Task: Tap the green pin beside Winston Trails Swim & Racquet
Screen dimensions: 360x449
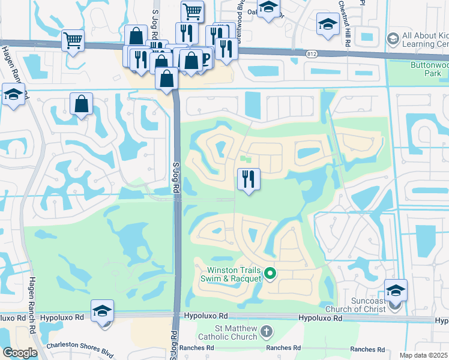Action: point(270,274)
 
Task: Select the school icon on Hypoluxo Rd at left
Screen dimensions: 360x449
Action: point(103,311)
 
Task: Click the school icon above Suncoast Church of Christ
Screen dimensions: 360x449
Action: point(396,290)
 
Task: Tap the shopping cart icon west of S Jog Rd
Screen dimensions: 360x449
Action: point(73,41)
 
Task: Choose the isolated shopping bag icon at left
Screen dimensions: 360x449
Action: point(81,104)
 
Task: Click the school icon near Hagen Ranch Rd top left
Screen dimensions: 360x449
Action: point(13,94)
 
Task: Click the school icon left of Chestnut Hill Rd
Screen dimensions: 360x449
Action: point(328,24)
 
